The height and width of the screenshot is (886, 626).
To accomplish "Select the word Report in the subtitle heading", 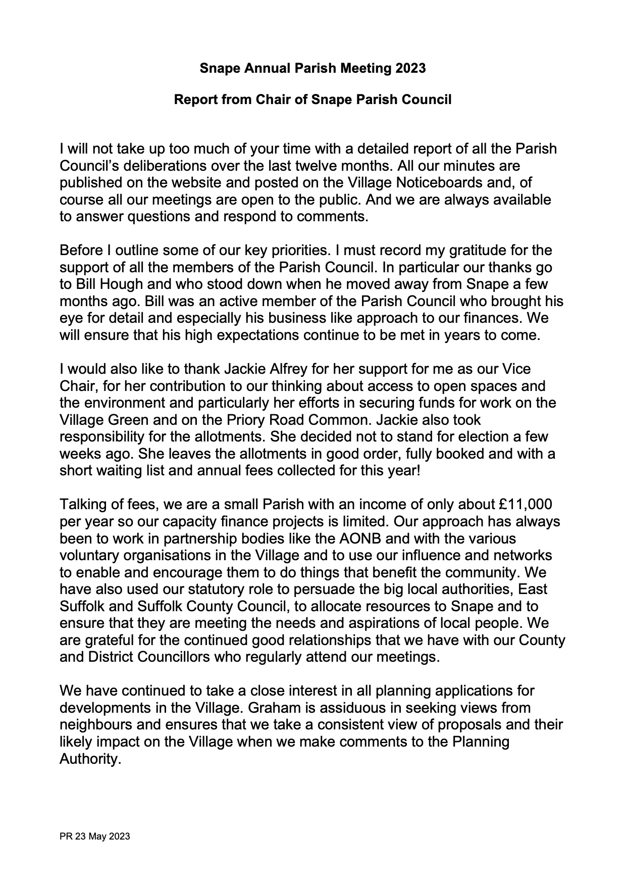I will [x=193, y=100].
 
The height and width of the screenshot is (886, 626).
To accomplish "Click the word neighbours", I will [x=95, y=725].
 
